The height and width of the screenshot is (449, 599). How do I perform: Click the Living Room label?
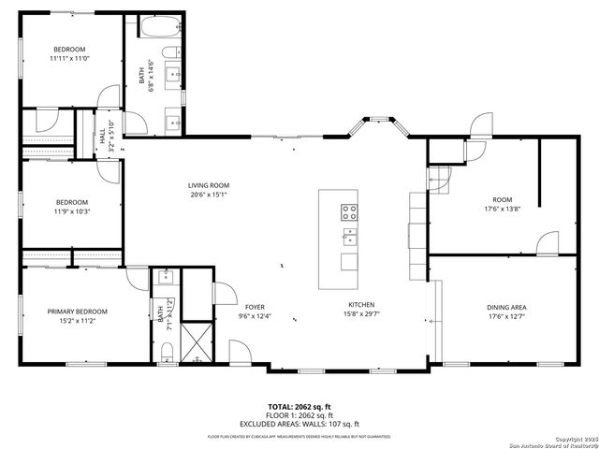pyautogui.click(x=208, y=185)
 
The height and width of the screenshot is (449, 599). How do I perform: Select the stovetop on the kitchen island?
pyautogui.click(x=349, y=211)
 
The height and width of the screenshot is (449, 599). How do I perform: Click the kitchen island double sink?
pyautogui.click(x=349, y=235)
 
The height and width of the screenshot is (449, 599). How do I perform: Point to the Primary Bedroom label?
pyautogui.click(x=71, y=311)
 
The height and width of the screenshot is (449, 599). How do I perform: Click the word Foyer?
pyautogui.click(x=256, y=307)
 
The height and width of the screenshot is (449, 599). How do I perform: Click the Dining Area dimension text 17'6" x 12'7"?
pyautogui.click(x=505, y=316)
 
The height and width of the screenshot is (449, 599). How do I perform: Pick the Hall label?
pyautogui.click(x=103, y=137)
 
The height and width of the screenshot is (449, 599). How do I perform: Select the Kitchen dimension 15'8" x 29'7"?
pyautogui.click(x=361, y=314)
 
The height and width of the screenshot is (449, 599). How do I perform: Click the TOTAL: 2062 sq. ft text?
pyautogui.click(x=299, y=406)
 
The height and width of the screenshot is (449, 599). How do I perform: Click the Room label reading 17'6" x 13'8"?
pyautogui.click(x=503, y=209)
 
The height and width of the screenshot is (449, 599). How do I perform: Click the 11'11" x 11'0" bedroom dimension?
pyautogui.click(x=69, y=58)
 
